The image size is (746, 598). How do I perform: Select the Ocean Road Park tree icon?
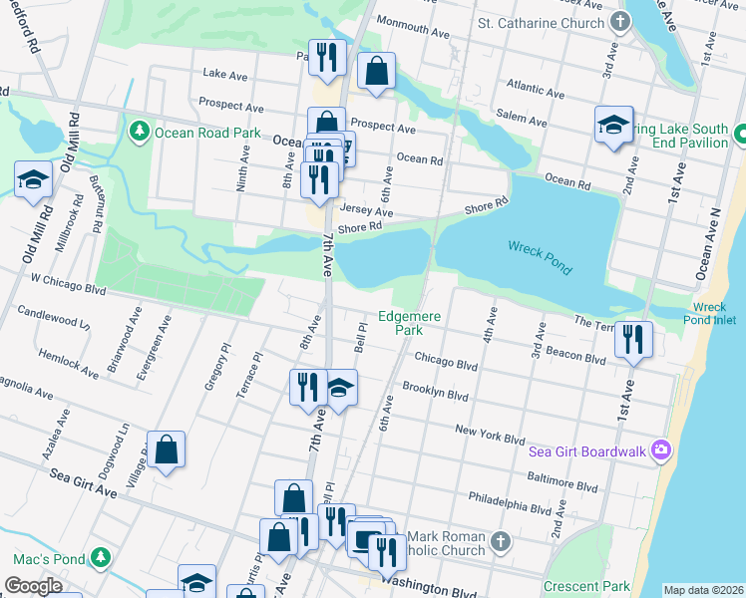tap(140, 132)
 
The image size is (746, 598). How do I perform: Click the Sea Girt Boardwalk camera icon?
tap(659, 450)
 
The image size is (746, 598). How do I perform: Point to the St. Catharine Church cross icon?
tap(620, 22)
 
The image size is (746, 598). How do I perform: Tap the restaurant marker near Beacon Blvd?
tap(633, 340)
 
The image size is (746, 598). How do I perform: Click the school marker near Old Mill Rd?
tap(33, 179)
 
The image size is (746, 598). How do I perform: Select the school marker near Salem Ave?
tap(613, 125)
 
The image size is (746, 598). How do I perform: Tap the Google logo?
tap(33, 586)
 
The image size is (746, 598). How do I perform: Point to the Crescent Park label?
tap(587, 586)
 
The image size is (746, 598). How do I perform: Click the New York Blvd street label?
tap(489, 435)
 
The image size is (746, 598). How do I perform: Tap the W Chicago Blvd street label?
tap(68, 286)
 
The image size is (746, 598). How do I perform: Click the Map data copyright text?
tap(703, 590)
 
